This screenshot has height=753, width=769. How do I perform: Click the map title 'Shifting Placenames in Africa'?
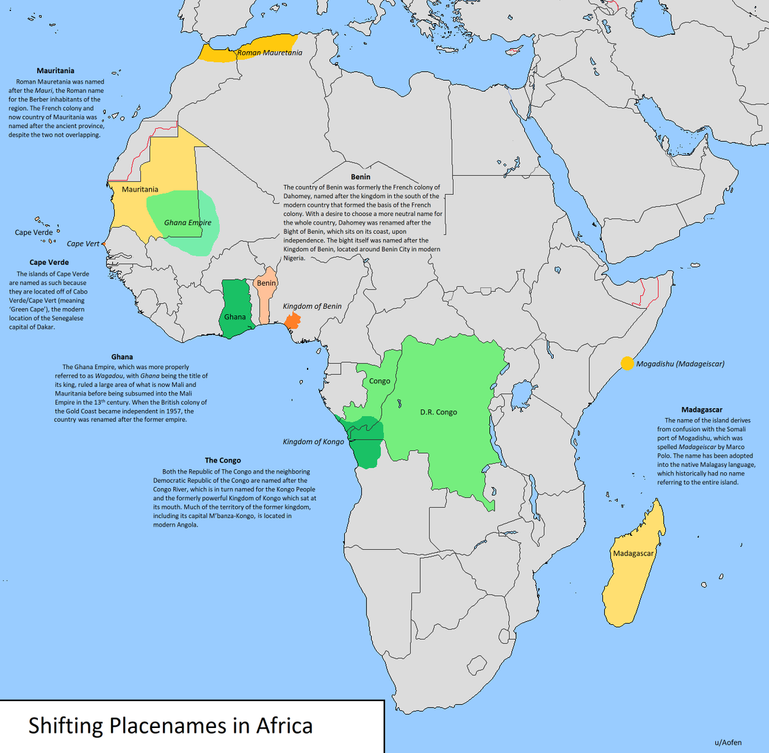click(170, 725)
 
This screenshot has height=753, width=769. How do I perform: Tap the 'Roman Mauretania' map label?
click(269, 53)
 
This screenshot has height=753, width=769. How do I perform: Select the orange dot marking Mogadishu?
click(627, 363)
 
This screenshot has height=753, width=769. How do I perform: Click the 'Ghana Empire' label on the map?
click(187, 222)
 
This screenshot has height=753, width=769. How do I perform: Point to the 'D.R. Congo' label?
click(438, 412)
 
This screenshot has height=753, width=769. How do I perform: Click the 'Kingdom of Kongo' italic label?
click(313, 442)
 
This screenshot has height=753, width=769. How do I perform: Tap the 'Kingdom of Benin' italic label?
click(312, 306)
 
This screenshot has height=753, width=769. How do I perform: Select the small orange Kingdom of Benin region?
click(292, 320)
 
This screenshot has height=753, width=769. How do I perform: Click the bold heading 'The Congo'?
click(222, 460)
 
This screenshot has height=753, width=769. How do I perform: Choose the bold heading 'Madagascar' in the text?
click(702, 410)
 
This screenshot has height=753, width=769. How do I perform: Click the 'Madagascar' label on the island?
click(633, 553)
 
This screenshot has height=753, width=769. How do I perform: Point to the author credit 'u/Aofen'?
click(728, 742)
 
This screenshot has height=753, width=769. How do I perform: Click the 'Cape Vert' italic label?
click(83, 244)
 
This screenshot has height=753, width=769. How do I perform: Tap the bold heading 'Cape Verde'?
click(49, 262)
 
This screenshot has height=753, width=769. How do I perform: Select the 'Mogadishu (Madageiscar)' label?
click(680, 363)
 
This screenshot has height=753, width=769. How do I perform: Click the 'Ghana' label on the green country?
click(235, 317)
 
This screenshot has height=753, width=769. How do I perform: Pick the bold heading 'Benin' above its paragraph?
click(360, 177)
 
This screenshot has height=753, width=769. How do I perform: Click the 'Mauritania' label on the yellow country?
click(140, 189)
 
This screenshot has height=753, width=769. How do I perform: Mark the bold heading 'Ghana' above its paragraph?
click(122, 357)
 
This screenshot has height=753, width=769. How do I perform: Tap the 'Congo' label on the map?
click(379, 381)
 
